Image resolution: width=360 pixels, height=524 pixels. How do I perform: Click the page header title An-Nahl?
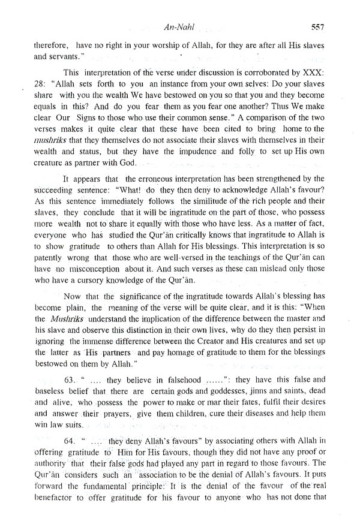(x=184, y=26)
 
